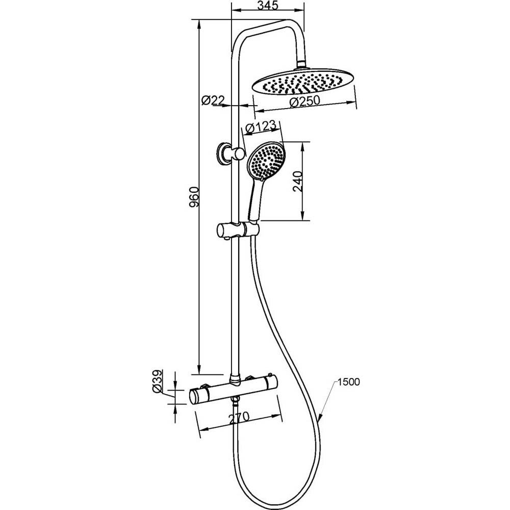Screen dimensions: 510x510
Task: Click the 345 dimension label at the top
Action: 268,6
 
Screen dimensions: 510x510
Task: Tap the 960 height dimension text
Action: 194,197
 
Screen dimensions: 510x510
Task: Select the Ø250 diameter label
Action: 305,101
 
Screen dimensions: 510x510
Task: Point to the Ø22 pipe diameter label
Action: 213,100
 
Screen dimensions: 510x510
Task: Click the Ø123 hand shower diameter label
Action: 261,127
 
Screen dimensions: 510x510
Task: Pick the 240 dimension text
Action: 298,181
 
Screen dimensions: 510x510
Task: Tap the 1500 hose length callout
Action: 349,382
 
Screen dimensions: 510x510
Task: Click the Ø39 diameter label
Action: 157,381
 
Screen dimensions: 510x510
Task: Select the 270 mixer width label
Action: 239,417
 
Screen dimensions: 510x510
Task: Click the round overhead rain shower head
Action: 302,82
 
